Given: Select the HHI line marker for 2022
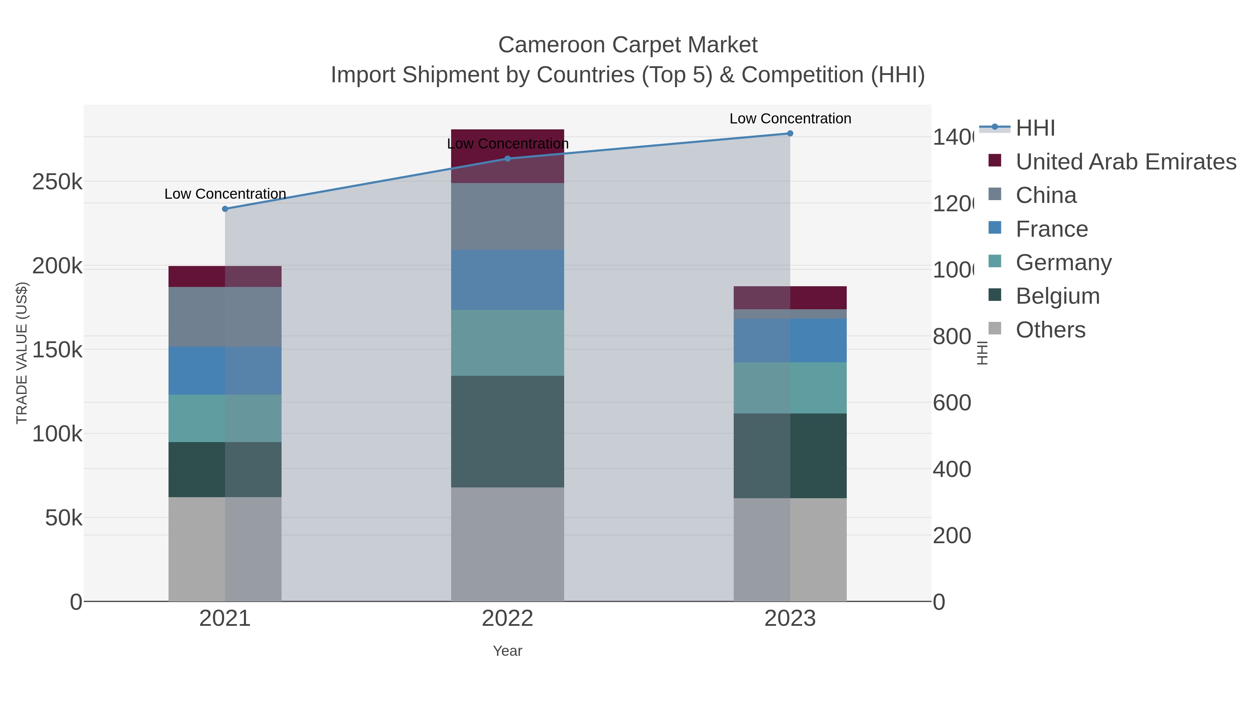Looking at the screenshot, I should point(508,158).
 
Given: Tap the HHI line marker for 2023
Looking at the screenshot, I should point(790,134).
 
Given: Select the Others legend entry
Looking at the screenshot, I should point(1050,330).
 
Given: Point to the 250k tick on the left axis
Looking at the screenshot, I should point(58,182).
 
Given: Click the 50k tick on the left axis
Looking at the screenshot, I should point(63,518).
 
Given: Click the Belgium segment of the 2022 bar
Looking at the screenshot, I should point(508,431).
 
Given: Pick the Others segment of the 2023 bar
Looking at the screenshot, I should point(790,549).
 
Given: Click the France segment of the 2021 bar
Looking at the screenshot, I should point(225,370).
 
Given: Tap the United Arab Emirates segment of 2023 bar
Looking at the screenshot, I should point(790,298).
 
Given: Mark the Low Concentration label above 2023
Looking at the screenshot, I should point(790,119).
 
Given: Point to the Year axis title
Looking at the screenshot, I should point(508,651).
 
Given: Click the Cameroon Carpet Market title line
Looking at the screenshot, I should point(628,45).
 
